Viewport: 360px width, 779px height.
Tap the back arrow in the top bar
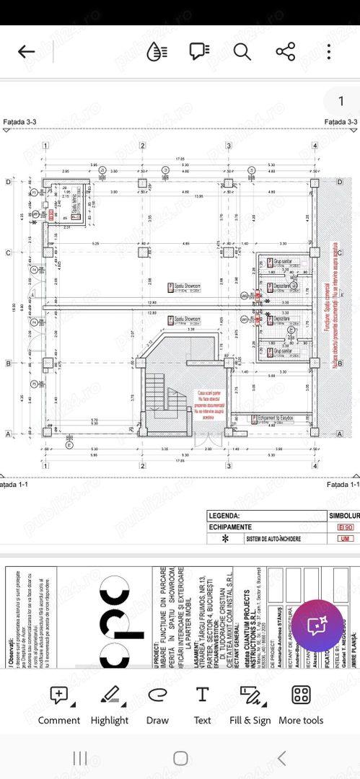(27, 51)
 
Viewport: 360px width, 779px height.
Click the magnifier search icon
(242, 51)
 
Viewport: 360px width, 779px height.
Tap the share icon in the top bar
(286, 51)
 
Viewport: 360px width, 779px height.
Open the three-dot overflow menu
(329, 51)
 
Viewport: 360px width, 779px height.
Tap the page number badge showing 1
(341, 101)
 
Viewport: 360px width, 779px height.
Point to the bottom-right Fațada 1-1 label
(342, 484)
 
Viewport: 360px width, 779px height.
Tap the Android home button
(180, 757)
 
